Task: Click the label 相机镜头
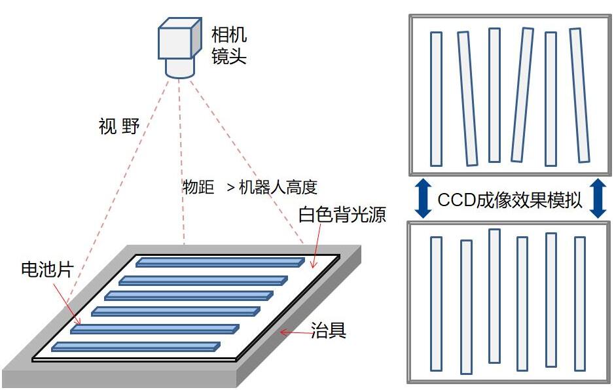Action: (x=228, y=45)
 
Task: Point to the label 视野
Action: (x=119, y=126)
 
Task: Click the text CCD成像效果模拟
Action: (x=509, y=200)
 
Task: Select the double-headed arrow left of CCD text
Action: (x=423, y=200)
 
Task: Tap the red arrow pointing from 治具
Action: (x=295, y=332)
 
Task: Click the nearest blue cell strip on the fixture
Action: (x=135, y=346)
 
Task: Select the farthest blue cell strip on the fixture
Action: (x=220, y=262)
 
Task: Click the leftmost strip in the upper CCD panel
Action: (x=436, y=99)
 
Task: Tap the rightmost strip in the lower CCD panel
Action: (x=580, y=304)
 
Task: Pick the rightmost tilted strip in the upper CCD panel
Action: (x=579, y=95)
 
